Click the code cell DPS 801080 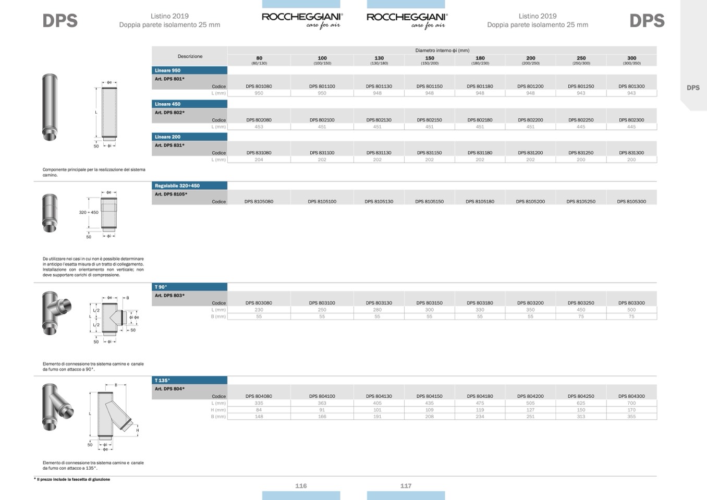pos(259,87)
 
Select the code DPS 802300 pos(631,120)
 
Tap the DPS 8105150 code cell pos(429,201)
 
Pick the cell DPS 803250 pos(581,303)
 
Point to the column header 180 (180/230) pos(480,60)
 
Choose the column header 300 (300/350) pos(631,60)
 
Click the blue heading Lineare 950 pos(168,70)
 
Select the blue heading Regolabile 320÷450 pos(177,186)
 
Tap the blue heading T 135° pos(162,381)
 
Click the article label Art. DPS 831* pos(169,145)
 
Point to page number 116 pos(301,486)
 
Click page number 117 pos(406,486)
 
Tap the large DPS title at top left pos(60,21)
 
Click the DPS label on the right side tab pos(693,88)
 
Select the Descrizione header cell pos(190,56)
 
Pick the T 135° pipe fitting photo pos(57,407)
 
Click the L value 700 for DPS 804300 pos(631,403)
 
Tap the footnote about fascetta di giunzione pos(73,479)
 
